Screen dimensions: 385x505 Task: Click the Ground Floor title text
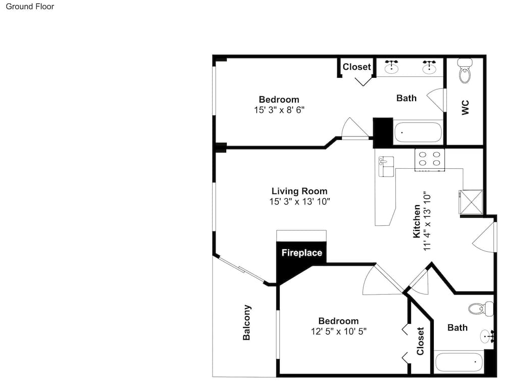pos(30,7)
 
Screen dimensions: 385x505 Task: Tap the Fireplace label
pos(301,253)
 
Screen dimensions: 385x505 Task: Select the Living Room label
pos(299,191)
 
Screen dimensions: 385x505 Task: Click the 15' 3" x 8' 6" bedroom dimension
pos(279,109)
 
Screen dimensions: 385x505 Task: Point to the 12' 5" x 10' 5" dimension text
pos(338,331)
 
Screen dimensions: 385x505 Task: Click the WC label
pos(465,107)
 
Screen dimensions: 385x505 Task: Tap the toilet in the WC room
pos(465,71)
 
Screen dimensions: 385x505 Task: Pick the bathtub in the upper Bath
pos(418,132)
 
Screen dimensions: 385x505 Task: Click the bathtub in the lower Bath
pos(459,362)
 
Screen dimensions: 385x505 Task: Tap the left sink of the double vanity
pos(391,67)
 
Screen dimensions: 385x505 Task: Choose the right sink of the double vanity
pos(430,67)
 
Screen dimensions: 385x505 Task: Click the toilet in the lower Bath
pos(480,308)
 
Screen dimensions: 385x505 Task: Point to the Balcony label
pos(247,322)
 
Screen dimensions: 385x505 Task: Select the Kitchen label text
pos(417,221)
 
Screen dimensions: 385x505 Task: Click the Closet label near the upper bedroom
pos(357,67)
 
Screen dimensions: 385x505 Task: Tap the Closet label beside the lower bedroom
pos(421,341)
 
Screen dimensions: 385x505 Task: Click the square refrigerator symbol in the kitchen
pos(471,202)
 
